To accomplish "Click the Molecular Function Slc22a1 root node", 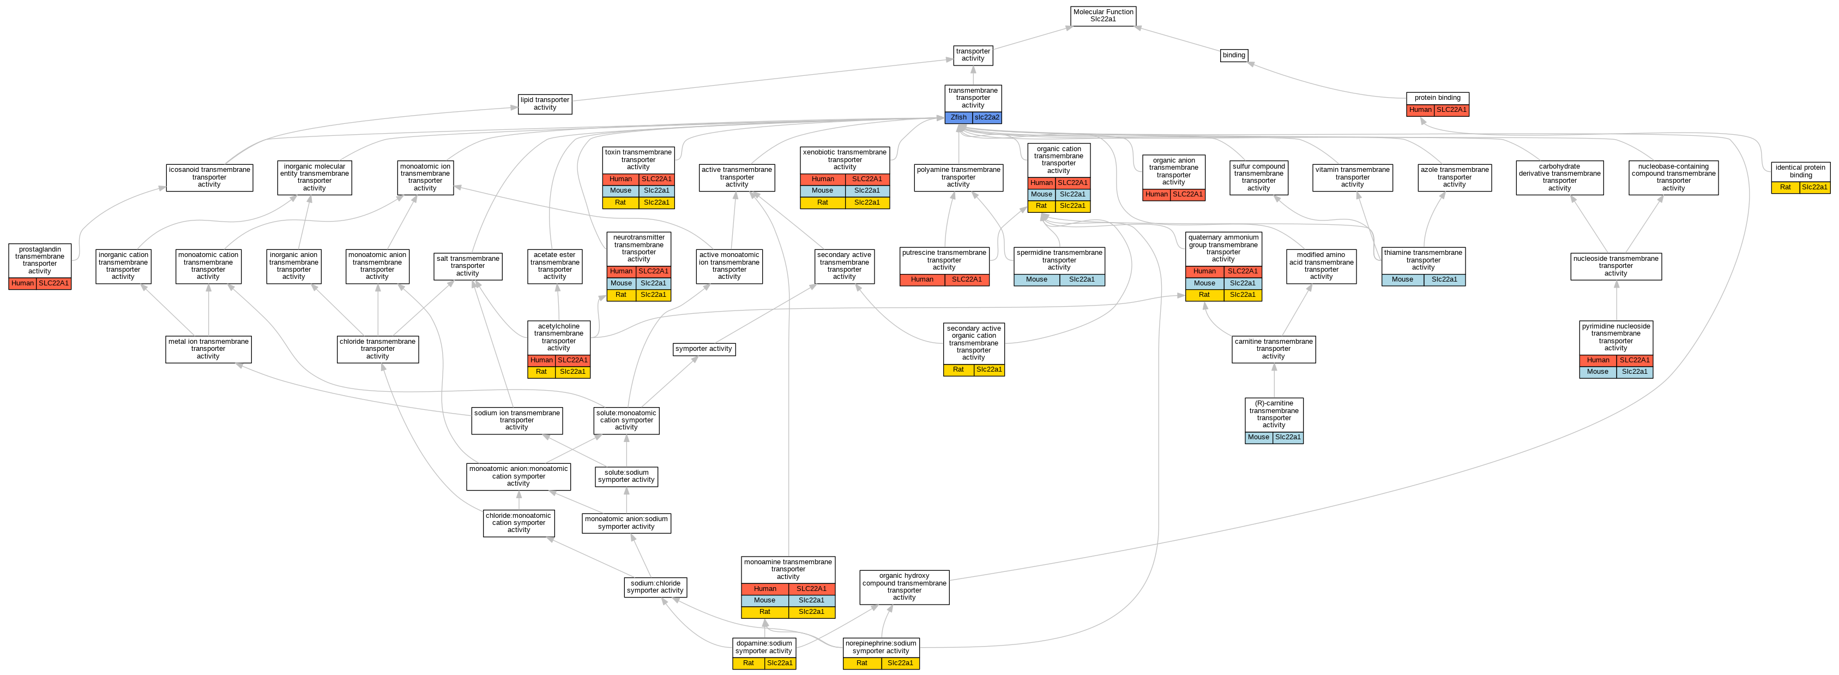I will click(1103, 16).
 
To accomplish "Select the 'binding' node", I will click(1234, 55).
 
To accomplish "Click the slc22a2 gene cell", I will click(987, 118).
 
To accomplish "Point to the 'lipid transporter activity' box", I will click(545, 104).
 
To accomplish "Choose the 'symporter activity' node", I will click(703, 349).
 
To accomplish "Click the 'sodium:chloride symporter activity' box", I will click(655, 587).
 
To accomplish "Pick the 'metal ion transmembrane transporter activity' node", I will click(208, 349).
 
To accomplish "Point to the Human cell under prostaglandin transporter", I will click(22, 284).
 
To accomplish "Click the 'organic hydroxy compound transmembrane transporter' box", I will click(904, 587).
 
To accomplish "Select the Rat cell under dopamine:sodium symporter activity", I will click(747, 664).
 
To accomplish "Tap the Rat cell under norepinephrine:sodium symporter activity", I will click(861, 664).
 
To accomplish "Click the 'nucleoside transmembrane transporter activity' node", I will click(1615, 266).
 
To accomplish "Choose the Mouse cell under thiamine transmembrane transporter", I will click(1402, 280).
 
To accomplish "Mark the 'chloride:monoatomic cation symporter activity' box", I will click(518, 523).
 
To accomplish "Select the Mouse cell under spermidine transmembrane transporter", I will click(1036, 280).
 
